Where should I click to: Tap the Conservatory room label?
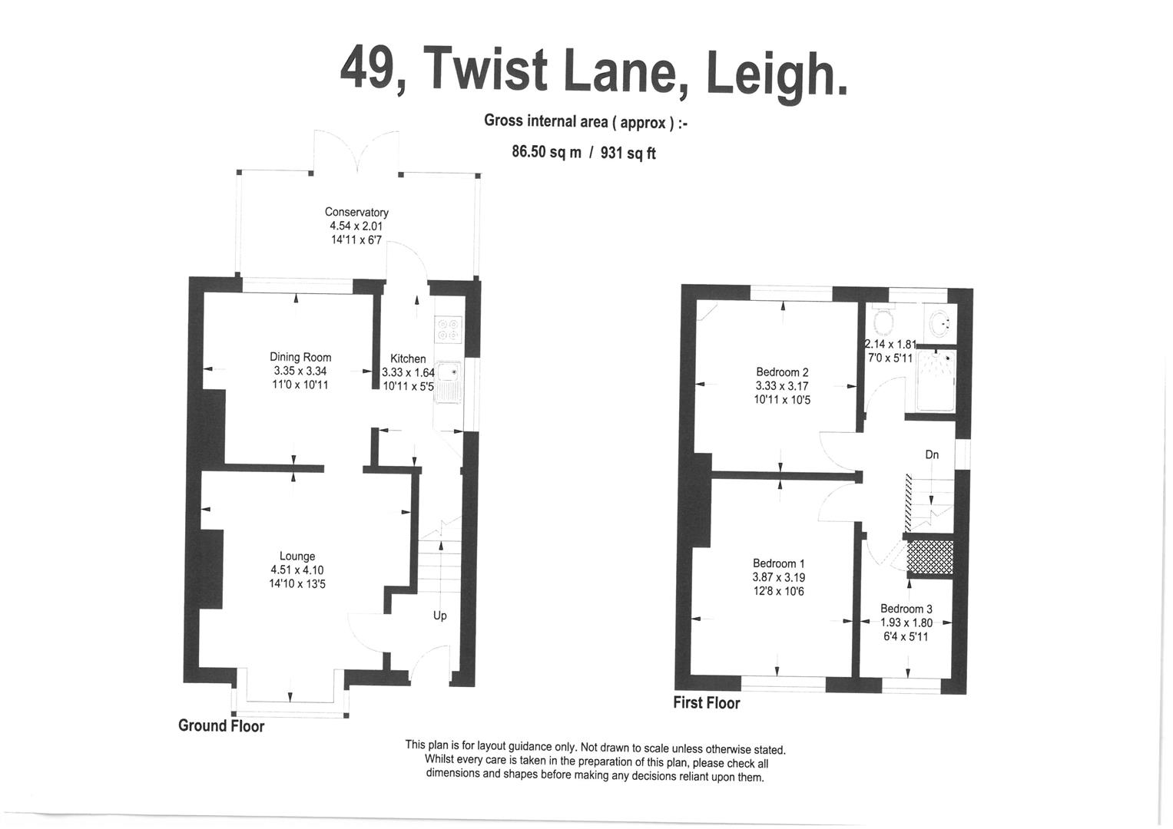[356, 212]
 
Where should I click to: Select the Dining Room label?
[300, 357]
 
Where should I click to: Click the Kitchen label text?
[408, 358]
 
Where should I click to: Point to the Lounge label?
[297, 557]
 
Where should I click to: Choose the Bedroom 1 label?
[779, 563]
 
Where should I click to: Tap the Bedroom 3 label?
[906, 609]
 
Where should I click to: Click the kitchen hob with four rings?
[448, 330]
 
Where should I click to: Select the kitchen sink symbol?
[448, 381]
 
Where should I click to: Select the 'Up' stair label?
[439, 616]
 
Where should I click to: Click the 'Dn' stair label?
[932, 455]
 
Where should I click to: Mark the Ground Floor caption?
[221, 726]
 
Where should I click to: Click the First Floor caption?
[707, 703]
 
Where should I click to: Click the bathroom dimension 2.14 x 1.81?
[891, 345]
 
